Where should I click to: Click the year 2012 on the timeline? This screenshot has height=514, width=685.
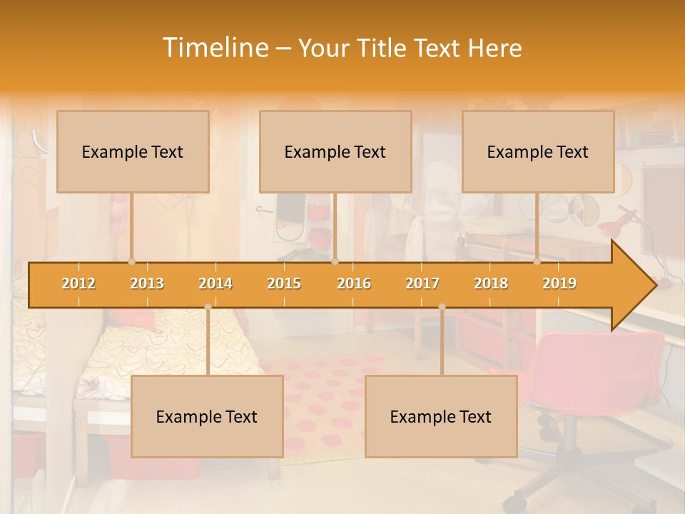[78, 283]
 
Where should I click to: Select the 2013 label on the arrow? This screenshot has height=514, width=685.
[147, 283]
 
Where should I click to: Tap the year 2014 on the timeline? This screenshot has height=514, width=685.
[215, 283]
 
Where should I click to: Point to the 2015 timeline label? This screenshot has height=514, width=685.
[284, 283]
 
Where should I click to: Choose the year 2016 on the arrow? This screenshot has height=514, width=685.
[354, 283]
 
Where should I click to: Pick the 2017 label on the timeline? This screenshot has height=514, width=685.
[422, 283]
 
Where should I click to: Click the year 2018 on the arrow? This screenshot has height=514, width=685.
[491, 283]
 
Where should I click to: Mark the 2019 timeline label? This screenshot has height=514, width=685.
[559, 283]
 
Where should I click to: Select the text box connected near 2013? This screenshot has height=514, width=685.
[133, 151]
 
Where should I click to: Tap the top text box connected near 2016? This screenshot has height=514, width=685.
[335, 151]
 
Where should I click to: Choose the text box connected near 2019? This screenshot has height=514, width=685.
[538, 151]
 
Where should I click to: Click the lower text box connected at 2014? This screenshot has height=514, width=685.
[207, 416]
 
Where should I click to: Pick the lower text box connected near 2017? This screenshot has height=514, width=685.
[441, 416]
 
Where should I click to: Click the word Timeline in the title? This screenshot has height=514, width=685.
[214, 48]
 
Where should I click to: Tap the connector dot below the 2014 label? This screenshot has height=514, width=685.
[208, 307]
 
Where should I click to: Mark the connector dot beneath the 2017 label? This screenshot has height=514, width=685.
[442, 307]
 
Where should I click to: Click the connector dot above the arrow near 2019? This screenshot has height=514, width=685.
[537, 262]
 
